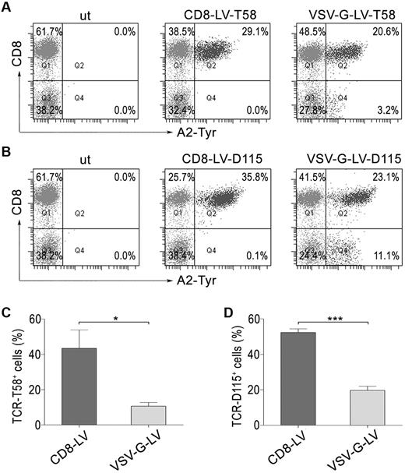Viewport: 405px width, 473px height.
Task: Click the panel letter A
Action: tap(7, 7)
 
